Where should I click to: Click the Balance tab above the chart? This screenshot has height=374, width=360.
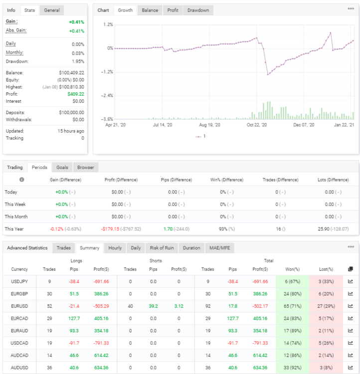150,10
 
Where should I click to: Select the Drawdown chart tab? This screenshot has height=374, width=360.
198,10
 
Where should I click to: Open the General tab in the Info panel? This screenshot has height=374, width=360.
52,10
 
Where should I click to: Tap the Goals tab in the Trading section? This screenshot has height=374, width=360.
62,168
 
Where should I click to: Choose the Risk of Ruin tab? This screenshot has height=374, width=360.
162,248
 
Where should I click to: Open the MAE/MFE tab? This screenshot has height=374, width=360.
220,248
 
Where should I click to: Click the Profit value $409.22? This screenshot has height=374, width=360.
76,94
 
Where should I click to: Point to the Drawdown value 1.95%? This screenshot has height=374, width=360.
78,61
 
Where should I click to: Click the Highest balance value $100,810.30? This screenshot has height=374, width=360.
72,87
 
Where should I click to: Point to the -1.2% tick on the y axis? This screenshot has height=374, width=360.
107,72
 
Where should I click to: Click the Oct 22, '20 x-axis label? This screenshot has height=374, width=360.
257,125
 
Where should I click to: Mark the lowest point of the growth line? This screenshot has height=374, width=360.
268,75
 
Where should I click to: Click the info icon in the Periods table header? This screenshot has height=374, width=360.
22,180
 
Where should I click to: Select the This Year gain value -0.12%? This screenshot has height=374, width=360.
56,229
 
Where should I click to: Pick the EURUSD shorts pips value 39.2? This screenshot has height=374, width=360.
153,306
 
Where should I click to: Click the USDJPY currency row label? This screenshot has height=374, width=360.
19,281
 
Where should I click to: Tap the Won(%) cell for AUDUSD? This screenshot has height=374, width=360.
293,368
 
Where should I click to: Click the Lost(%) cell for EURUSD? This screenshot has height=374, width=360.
326,306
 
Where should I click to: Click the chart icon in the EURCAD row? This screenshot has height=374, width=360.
351,318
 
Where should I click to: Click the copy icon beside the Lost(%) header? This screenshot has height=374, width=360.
351,269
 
